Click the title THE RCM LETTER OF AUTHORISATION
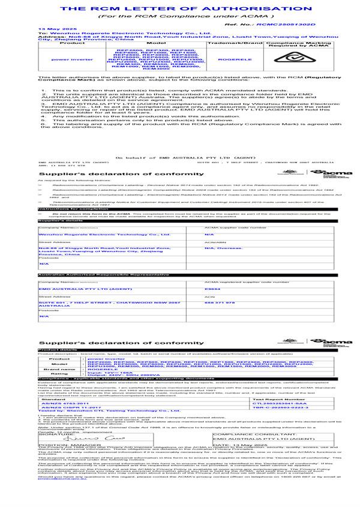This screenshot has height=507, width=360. [180, 10]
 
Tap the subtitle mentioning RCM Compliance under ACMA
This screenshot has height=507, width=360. [181, 17]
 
